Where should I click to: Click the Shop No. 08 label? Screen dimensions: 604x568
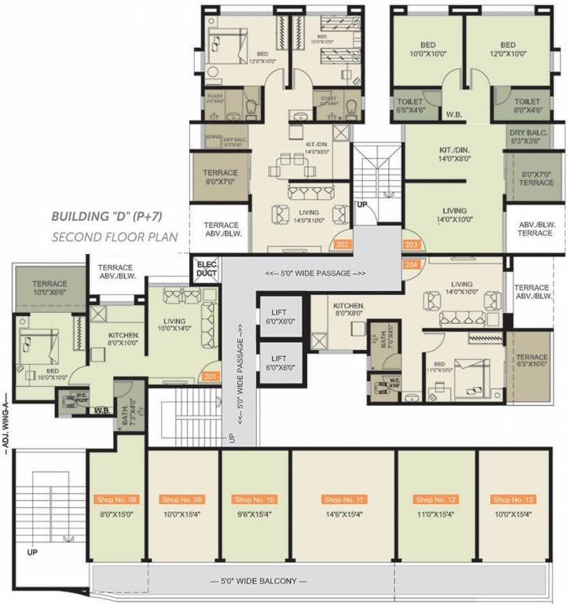(116, 499)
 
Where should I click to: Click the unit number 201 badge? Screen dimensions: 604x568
(210, 377)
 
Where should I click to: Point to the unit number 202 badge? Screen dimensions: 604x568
(342, 245)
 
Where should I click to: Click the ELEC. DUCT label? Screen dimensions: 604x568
(207, 269)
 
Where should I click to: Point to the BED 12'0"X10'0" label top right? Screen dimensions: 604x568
(508, 50)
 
